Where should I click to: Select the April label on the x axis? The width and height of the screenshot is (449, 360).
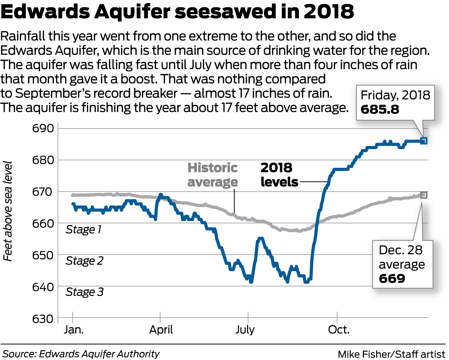(160, 329)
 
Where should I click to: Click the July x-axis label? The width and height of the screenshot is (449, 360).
(245, 329)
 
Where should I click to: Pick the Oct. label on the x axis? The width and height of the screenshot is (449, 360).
(338, 329)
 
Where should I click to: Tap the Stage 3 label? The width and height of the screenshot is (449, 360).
(84, 292)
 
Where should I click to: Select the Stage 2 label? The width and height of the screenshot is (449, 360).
(84, 261)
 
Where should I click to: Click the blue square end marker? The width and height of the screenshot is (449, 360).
(424, 141)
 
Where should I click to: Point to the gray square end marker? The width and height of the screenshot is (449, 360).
(424, 195)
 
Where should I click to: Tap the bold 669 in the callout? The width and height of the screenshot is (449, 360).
(391, 279)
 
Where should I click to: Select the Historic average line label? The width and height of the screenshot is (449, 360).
(212, 175)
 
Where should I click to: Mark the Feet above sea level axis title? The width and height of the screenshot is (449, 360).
(8, 211)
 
